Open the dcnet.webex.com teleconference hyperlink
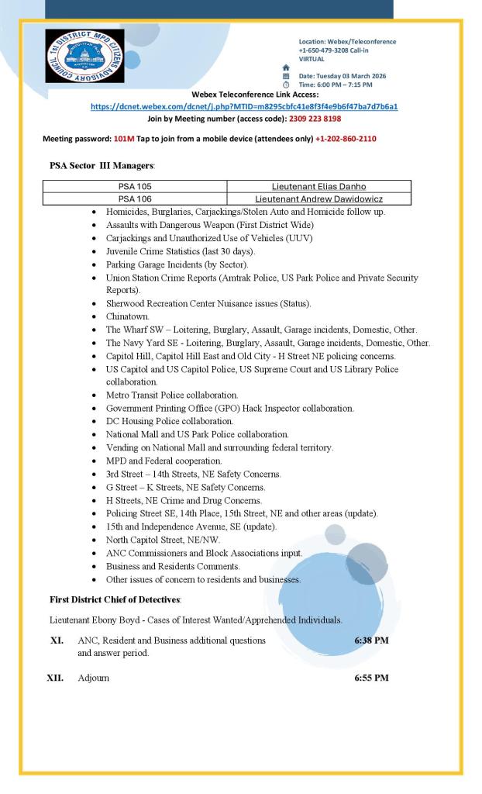pos(244,106)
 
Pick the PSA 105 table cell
pos(135,186)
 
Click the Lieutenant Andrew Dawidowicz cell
pos(318,198)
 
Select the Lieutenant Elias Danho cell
pos(318,186)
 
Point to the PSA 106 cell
pos(135,198)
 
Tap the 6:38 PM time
pos(371,641)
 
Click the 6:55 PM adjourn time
pos(371,678)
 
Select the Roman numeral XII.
pos(57,678)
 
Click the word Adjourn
pos(94,678)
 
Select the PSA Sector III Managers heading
pos(102,165)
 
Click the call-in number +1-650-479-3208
pos(325,50)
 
